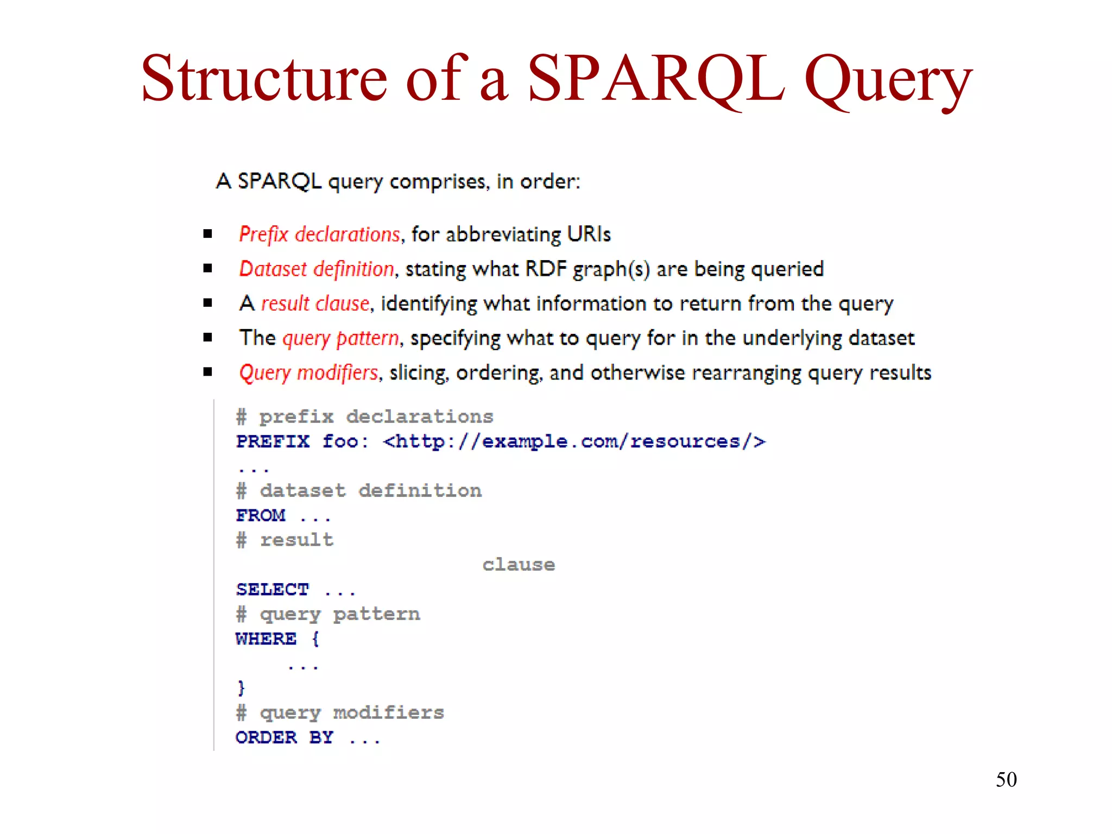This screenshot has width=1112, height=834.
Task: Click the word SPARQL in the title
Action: (656, 80)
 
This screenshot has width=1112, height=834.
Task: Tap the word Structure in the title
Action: (264, 80)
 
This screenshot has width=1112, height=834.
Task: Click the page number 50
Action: (1006, 780)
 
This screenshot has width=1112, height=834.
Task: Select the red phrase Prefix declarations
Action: (319, 235)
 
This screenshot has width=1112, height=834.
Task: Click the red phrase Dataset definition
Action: (316, 269)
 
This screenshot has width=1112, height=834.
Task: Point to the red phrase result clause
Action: (315, 304)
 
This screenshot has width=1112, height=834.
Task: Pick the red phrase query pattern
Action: (340, 338)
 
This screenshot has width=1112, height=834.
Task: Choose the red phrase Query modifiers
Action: (308, 373)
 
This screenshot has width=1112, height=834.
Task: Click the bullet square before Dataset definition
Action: (207, 268)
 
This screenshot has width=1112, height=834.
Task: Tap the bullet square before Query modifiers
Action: (207, 372)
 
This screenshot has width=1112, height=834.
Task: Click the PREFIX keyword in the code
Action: (273, 441)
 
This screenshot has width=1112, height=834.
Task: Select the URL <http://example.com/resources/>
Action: (574, 441)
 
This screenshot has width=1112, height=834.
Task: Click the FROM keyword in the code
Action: (261, 515)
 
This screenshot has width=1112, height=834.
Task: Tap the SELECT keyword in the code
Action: (273, 590)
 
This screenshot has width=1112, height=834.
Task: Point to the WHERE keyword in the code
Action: (266, 639)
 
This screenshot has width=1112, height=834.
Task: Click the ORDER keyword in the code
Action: (266, 738)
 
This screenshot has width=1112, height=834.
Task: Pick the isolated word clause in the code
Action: (519, 565)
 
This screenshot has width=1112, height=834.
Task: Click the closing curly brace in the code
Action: (241, 688)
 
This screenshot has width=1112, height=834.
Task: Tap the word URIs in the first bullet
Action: (589, 235)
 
